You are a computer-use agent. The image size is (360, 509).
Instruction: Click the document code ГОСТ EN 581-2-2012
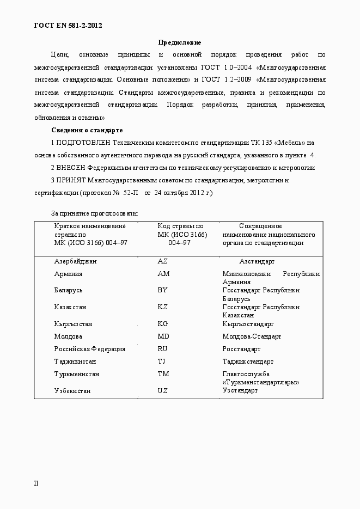pyautogui.click(x=68, y=26)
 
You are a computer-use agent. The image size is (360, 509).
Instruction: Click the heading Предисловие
pyautogui.click(x=180, y=42)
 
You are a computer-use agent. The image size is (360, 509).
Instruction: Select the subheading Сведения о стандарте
pyautogui.click(x=87, y=130)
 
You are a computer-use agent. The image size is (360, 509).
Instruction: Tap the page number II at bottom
pyautogui.click(x=36, y=483)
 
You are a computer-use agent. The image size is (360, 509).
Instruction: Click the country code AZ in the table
pyautogui.click(x=162, y=261)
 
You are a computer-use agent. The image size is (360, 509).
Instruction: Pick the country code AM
pyautogui.click(x=163, y=274)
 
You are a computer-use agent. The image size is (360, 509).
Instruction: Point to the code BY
pyautogui.click(x=162, y=290)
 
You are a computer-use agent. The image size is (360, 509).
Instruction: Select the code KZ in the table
pyautogui.click(x=162, y=307)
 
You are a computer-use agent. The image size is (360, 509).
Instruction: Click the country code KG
pyautogui.click(x=163, y=324)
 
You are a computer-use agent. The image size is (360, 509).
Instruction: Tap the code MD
pyautogui.click(x=163, y=336)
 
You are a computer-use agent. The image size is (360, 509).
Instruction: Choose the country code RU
pyautogui.click(x=162, y=349)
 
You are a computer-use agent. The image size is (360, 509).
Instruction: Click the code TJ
pyautogui.click(x=161, y=361)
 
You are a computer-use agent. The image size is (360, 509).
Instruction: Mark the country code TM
pyautogui.click(x=163, y=374)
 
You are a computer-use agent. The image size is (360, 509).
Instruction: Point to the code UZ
pyautogui.click(x=162, y=391)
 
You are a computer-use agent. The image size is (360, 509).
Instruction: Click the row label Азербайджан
pyautogui.click(x=75, y=261)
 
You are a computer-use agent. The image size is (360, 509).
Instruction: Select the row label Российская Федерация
pyautogui.click(x=89, y=349)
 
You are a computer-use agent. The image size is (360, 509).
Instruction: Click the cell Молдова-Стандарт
pyautogui.click(x=252, y=336)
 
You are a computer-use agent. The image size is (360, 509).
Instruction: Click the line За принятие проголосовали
pyautogui.click(x=94, y=213)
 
